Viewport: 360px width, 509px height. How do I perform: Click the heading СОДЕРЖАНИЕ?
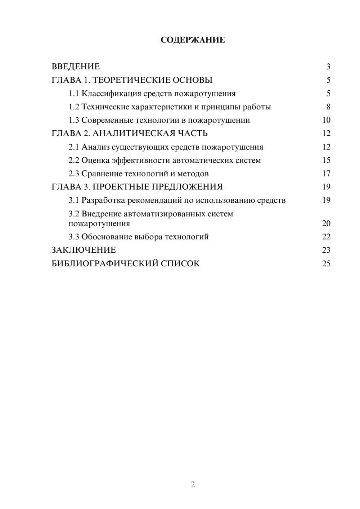point(193,40)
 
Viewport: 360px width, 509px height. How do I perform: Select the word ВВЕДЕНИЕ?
point(76,67)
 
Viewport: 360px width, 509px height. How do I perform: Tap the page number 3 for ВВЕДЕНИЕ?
point(328,67)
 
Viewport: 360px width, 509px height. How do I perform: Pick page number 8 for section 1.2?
point(328,107)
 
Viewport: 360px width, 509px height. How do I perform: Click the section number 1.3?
point(74,120)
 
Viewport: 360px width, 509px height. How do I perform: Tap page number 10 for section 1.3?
point(326,120)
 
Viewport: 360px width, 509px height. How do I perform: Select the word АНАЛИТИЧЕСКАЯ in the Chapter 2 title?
point(134,134)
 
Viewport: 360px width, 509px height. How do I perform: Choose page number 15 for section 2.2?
point(326,160)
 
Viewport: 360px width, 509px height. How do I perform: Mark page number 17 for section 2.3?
point(326,174)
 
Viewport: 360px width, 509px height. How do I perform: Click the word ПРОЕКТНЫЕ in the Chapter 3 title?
point(121,187)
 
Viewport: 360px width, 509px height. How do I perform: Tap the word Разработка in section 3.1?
point(103,200)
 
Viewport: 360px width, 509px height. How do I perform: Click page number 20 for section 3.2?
point(326,224)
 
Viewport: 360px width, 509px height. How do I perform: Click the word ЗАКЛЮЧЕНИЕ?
point(84,250)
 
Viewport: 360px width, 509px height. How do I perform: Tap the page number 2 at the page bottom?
point(193,485)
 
